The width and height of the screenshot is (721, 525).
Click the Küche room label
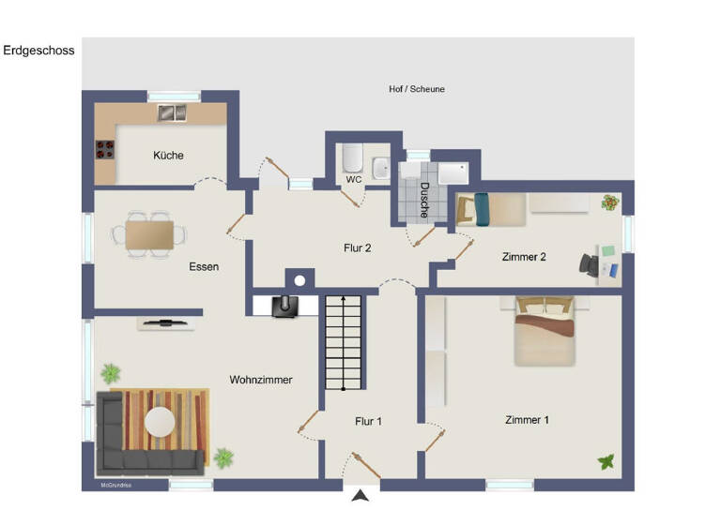(x=169, y=156)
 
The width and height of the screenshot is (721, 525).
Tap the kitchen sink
(x=171, y=113)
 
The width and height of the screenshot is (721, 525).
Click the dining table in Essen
(x=149, y=233)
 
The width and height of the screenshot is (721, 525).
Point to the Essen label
(x=204, y=267)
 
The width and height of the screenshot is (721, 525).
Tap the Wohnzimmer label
(x=261, y=380)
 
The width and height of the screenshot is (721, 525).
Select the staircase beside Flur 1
(x=344, y=342)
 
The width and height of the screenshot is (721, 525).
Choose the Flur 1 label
(x=368, y=422)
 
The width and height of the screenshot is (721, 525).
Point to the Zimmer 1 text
(x=527, y=420)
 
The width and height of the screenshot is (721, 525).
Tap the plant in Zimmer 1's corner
(x=606, y=461)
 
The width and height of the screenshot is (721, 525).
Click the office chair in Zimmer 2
(x=590, y=264)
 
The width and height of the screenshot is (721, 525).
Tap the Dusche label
(x=424, y=200)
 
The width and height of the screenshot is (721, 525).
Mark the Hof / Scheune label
(x=417, y=89)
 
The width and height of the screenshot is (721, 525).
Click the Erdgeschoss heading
(x=38, y=51)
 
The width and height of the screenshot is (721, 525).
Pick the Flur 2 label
(x=357, y=248)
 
